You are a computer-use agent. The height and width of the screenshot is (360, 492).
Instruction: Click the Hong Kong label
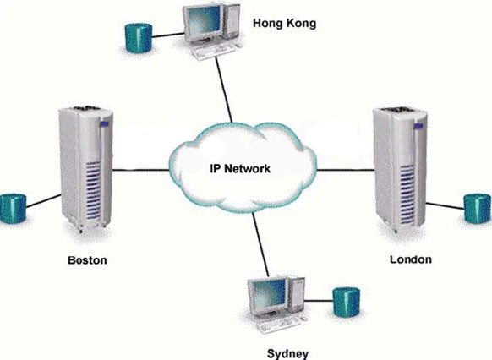pos(284,24)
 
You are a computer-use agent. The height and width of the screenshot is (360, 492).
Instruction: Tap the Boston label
pos(87,260)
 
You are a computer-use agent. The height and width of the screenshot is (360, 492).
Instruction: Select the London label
pos(410,259)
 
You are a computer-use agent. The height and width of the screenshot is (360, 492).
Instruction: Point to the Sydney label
pos(287,353)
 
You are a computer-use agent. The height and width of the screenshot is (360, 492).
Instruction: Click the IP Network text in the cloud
pos(240,169)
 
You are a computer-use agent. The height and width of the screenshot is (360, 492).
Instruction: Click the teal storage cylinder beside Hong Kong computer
pos(139,38)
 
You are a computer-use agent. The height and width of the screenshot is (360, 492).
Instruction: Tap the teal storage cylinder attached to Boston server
pos(14,209)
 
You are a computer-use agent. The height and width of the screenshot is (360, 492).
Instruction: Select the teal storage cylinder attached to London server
pos(478,209)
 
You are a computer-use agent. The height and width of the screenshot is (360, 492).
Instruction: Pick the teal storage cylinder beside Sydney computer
pos(346,302)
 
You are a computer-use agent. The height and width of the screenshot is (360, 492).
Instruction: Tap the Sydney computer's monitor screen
pos(269,294)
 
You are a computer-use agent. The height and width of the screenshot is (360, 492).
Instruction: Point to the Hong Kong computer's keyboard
pos(215,52)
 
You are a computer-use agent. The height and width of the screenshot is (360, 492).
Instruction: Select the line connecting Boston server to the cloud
pos(141,170)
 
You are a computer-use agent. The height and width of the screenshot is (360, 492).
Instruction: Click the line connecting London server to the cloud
pos(346,170)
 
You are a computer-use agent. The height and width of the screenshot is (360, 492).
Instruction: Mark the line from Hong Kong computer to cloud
pos(224,90)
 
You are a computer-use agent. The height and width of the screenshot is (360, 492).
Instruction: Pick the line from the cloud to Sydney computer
pos(260,244)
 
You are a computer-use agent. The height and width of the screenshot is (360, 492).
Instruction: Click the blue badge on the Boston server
pos(104,124)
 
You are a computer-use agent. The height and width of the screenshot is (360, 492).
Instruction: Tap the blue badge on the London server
pos(418,126)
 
